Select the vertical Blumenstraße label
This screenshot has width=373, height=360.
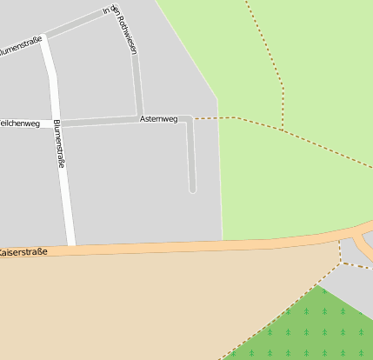(x=59, y=143)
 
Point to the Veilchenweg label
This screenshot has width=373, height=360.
(x=20, y=123)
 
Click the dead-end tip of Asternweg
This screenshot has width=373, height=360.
(x=192, y=189)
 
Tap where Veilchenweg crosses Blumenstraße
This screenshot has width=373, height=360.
(x=57, y=123)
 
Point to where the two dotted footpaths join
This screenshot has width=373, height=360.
(x=283, y=130)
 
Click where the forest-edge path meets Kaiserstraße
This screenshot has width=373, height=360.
(x=340, y=243)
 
